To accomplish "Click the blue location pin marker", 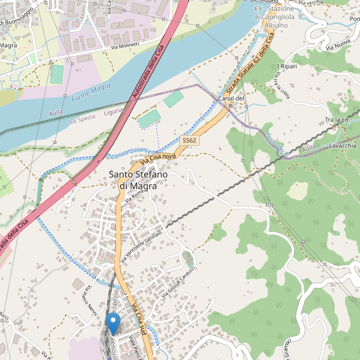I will coord(112,324).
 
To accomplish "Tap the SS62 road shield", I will coord(190,140).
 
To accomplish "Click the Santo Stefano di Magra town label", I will coord(137,180).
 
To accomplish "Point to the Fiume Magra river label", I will coord(92,92).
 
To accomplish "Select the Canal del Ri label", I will coord(231,101).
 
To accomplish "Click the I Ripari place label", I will coord(287,66).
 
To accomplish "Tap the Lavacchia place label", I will coord(343,146).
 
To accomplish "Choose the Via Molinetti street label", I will coord(124,46).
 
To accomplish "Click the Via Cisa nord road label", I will coord(158,158).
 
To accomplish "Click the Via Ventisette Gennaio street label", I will coord(141,247).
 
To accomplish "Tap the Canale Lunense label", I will coord(131,153).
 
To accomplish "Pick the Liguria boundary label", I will coord(113,112).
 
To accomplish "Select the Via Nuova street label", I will coord(339,45).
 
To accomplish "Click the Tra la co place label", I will coord(337,121).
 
